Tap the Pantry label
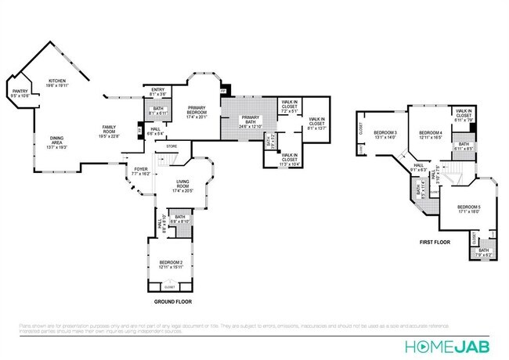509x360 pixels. [x=19, y=94]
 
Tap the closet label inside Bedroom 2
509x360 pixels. [x=170, y=288]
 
